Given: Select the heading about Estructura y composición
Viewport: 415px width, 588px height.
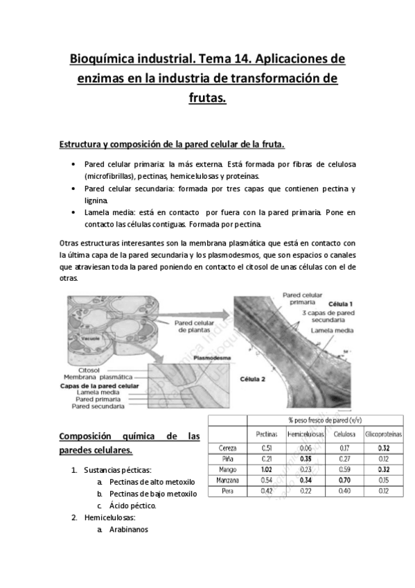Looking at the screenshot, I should coord(172,144).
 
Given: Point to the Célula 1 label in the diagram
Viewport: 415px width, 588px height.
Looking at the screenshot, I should coord(321,304).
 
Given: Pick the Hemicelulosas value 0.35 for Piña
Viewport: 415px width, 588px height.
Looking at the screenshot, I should coord(301,458).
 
